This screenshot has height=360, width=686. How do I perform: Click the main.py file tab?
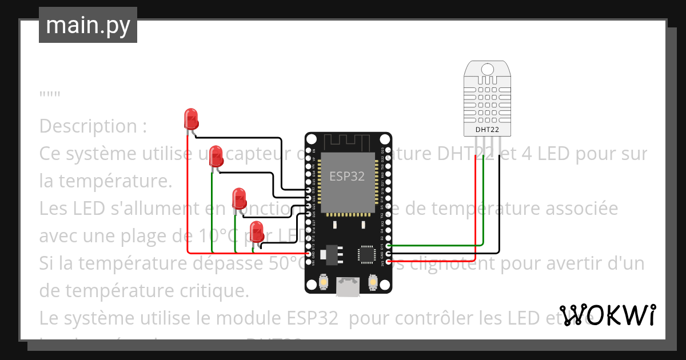pos(88,25)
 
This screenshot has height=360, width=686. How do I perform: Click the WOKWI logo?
pos(607,315)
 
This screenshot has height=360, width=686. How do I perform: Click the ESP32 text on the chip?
pos(346,176)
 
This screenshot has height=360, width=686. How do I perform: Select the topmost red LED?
pos(191,119)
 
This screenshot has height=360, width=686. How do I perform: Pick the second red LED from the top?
pos(216,155)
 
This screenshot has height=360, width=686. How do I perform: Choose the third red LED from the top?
pos(239,199)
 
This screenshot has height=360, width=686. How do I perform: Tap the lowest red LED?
pos(257,231)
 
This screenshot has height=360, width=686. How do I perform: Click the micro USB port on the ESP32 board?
pos(348,286)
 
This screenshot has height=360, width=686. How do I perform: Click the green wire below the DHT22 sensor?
pos(484,194)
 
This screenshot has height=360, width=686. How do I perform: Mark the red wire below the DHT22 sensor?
pos(476,200)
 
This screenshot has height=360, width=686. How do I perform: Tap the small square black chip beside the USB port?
pos(365,255)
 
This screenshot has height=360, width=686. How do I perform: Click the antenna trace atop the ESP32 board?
pos(348,141)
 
